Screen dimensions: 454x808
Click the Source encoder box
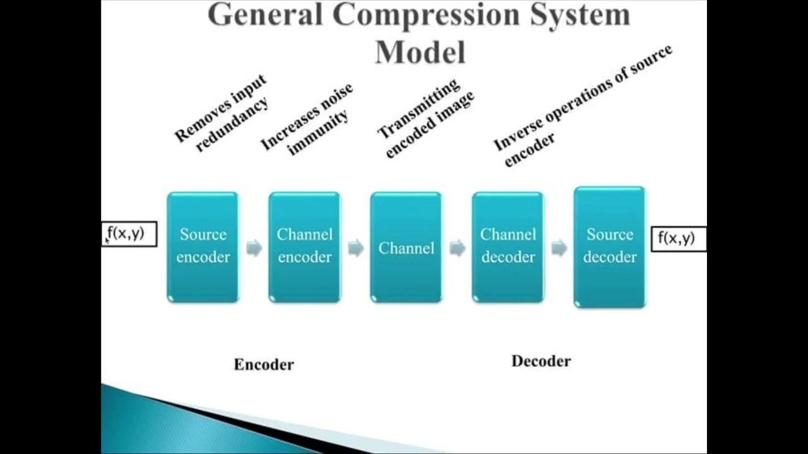point(203,247)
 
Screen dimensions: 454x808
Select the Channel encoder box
point(304,247)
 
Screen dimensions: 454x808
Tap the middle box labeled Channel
point(406,247)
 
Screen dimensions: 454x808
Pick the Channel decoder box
point(508,247)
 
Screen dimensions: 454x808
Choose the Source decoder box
point(609,247)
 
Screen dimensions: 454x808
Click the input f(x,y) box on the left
point(129,234)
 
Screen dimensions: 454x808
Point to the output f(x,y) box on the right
point(678,238)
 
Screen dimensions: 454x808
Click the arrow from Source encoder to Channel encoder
point(254,248)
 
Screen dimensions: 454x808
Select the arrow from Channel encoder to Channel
point(355,248)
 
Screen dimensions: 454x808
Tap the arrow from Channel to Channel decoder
point(457,248)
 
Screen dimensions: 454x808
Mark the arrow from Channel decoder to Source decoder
point(559,248)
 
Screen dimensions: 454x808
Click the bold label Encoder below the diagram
point(264,364)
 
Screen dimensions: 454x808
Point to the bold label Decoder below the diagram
point(541,361)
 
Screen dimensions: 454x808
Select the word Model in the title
point(420,52)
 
